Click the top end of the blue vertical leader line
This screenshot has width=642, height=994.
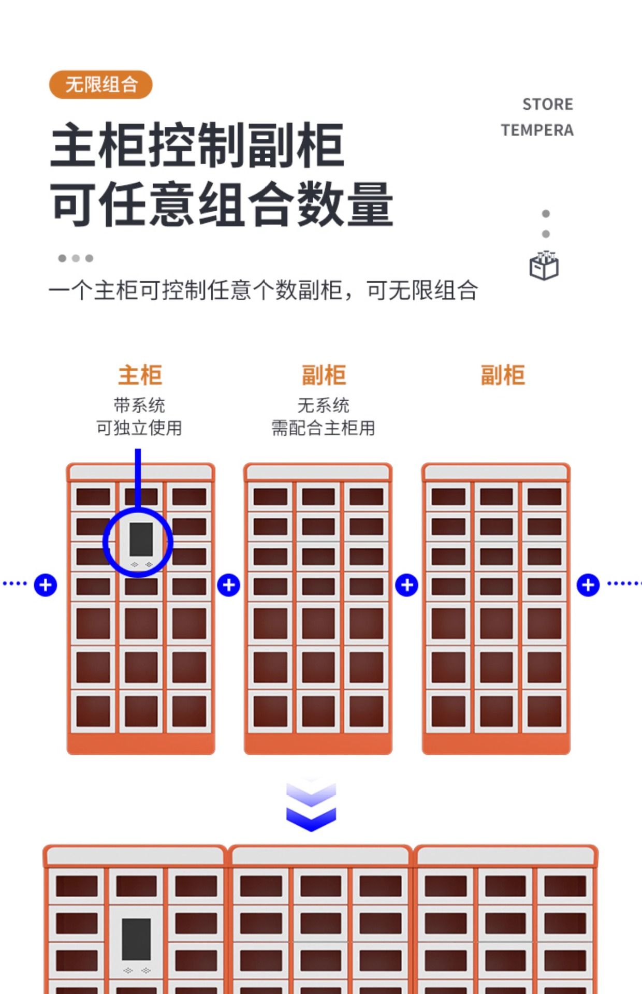[x=138, y=449]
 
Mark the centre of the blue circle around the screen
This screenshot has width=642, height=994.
[x=138, y=542]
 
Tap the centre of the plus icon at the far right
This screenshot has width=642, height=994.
[x=588, y=585]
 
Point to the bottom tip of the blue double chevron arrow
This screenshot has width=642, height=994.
[x=311, y=831]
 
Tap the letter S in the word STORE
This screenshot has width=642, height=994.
[x=528, y=105]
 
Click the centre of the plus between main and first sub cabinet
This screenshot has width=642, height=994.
[x=228, y=585]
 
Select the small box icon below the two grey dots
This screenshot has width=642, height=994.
[x=544, y=266]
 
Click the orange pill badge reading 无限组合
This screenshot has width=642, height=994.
[x=101, y=84]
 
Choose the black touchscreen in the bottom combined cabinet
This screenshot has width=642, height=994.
[x=137, y=939]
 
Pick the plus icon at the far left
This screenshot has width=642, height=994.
[x=46, y=585]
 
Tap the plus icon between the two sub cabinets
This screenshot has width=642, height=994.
[x=407, y=585]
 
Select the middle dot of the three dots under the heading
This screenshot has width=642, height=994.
[x=76, y=258]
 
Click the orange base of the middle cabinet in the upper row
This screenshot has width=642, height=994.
[x=318, y=744]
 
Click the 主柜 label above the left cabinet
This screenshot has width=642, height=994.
[x=140, y=375]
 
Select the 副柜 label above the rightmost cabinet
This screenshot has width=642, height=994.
[x=503, y=375]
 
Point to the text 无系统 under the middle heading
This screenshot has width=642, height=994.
[x=324, y=405]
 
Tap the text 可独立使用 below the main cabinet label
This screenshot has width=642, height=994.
[x=139, y=428]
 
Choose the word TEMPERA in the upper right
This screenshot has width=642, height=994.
[x=537, y=130]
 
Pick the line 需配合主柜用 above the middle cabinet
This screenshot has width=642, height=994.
[x=324, y=428]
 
